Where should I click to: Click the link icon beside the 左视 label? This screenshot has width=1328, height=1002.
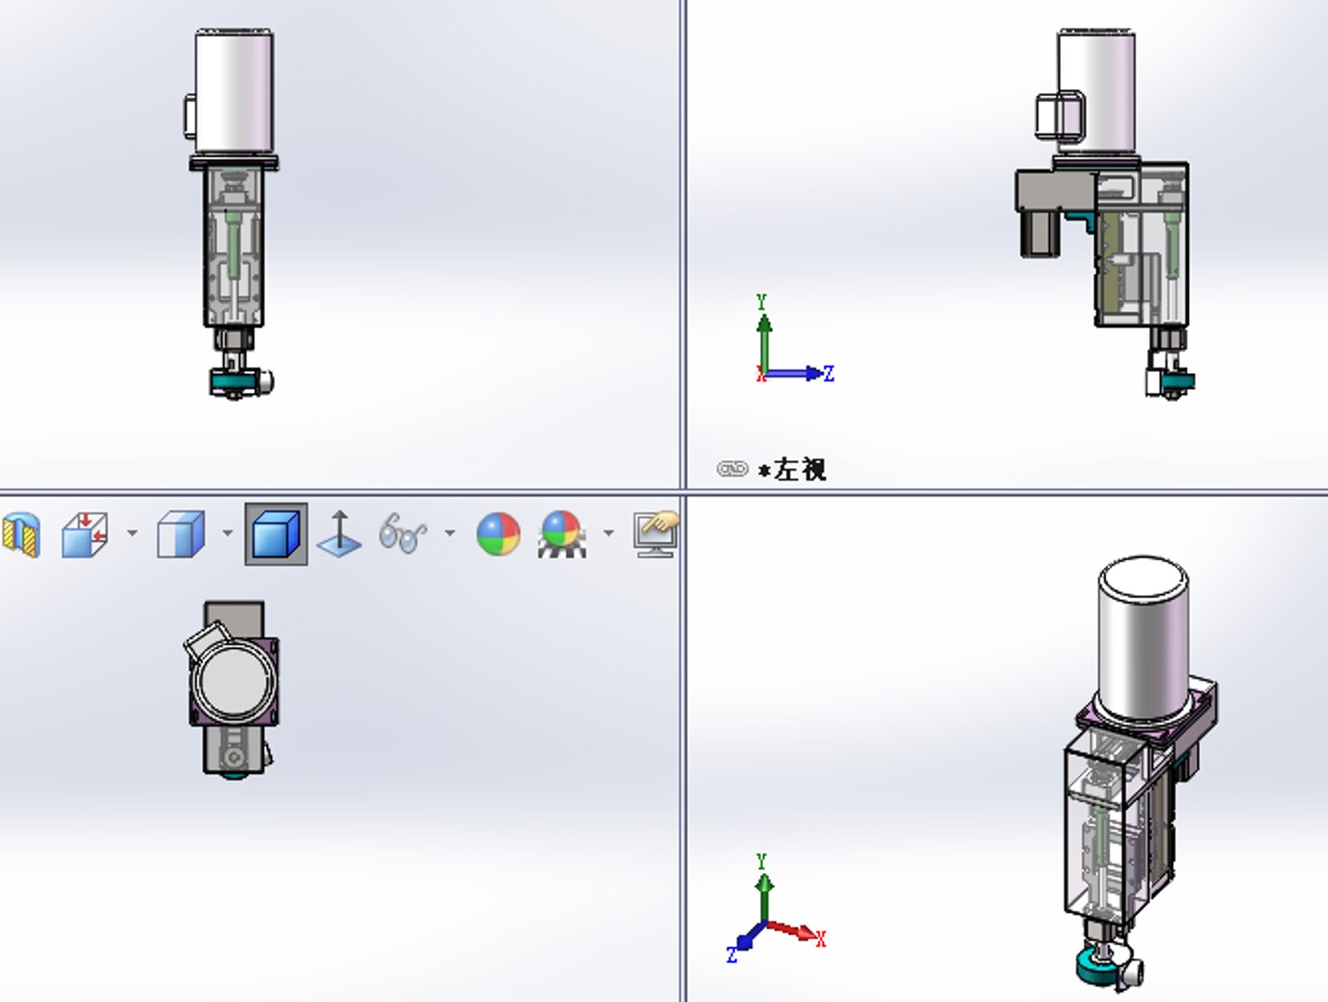tap(731, 469)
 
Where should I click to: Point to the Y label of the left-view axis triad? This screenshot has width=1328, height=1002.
tap(761, 302)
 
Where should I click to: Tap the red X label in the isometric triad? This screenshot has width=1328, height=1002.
tap(820, 939)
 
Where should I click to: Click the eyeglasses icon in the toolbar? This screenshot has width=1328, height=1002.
tap(402, 534)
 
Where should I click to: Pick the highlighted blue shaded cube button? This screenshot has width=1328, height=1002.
tap(276, 534)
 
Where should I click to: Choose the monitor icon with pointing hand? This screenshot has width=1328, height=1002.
tap(655, 534)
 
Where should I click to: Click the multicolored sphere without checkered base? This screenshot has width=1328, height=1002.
tap(498, 534)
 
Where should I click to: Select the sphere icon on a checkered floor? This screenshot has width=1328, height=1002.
tap(561, 534)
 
